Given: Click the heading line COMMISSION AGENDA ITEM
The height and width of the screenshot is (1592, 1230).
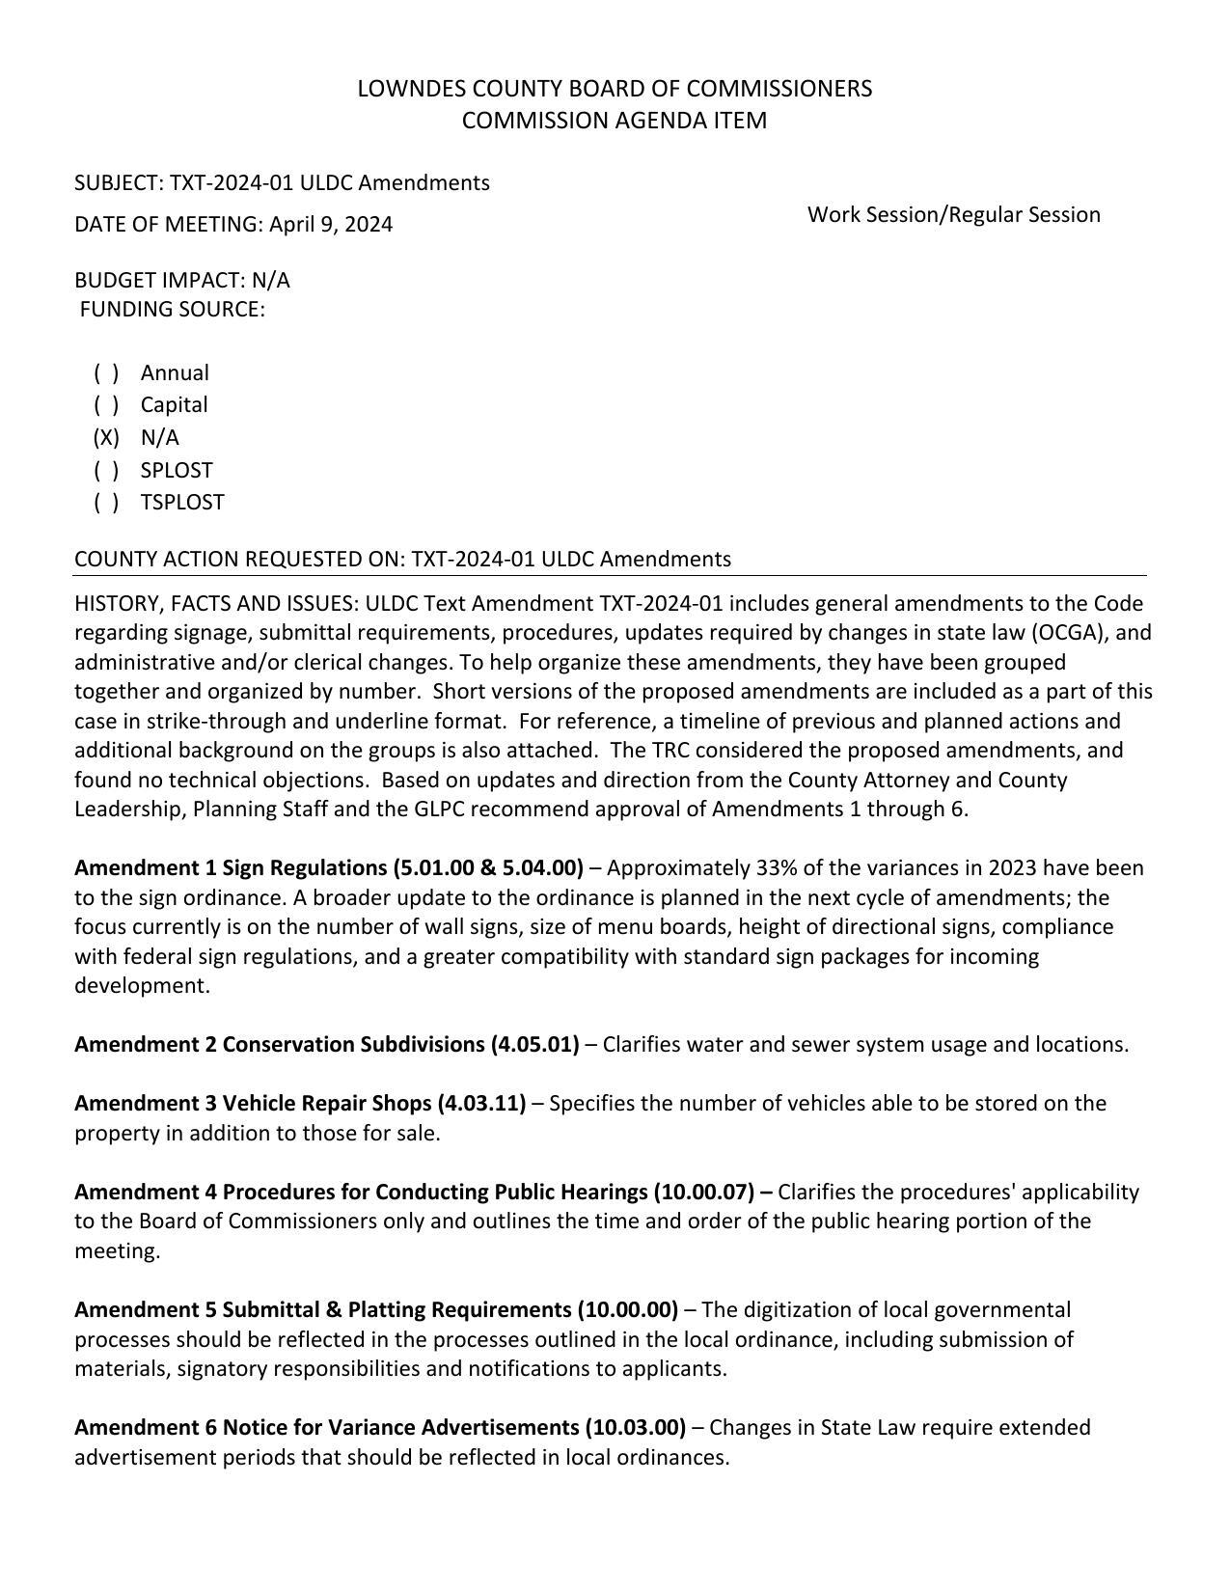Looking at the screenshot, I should click(615, 121).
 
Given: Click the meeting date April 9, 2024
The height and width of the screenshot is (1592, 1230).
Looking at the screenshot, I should click(331, 225).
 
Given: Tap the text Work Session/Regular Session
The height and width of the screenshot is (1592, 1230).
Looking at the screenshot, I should click(953, 214).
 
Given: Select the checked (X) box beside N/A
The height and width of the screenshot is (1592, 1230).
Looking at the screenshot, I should click(106, 438).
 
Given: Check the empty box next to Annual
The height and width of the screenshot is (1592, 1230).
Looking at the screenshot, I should click(106, 373).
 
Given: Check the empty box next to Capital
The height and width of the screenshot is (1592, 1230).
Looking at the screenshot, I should click(106, 405).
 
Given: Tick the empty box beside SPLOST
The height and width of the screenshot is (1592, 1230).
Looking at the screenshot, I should click(106, 471).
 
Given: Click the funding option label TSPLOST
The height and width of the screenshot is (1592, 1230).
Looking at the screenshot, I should click(182, 503).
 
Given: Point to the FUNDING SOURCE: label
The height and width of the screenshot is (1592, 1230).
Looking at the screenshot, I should click(172, 310).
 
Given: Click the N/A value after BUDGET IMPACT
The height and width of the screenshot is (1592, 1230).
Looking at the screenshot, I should click(270, 281).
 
